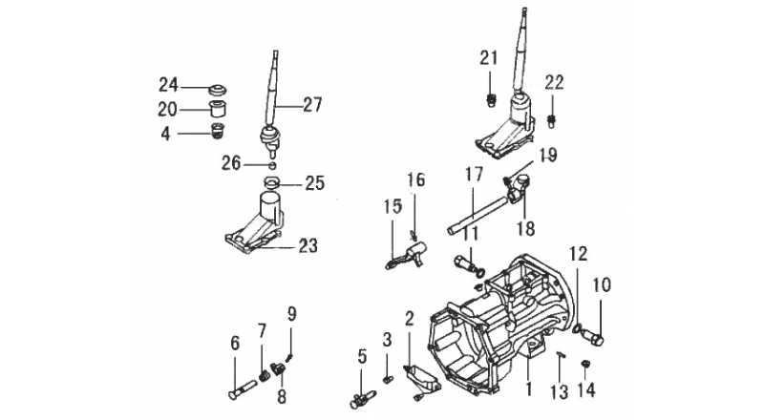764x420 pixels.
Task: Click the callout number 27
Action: coord(313,105)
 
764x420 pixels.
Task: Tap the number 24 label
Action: coord(168,85)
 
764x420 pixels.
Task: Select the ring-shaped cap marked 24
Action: coord(218,90)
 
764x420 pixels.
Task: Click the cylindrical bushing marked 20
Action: coord(218,109)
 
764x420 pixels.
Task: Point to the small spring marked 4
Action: coord(217,131)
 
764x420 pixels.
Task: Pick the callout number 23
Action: coord(308,245)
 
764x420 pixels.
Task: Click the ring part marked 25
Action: coord(273,182)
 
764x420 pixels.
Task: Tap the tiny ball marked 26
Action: coord(273,165)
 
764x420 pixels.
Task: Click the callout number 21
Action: coord(489,58)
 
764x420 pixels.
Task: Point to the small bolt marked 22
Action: coord(552,120)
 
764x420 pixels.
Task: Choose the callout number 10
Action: coord(602,285)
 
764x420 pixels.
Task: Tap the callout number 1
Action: coord(529,389)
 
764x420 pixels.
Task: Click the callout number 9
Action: coord(291,314)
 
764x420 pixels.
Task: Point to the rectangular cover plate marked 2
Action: coord(422,378)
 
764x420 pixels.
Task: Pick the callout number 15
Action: coord(393,206)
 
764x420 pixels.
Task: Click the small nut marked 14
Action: coord(586,363)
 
